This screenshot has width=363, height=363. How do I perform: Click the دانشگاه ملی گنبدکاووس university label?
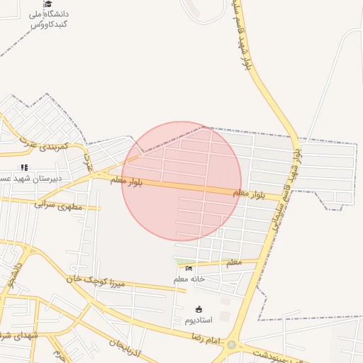(x=49, y=18)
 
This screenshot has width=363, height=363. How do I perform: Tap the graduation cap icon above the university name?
(x=48, y=4)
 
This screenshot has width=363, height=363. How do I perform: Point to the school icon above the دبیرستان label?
(x=24, y=167)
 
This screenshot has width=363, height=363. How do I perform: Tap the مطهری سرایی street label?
(x=58, y=206)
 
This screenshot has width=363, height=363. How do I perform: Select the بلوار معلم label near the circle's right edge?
(x=248, y=193)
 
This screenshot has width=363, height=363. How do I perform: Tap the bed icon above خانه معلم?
(x=189, y=268)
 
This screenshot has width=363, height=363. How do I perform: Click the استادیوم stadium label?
(x=199, y=320)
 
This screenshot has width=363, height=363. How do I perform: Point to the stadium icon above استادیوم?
(x=199, y=309)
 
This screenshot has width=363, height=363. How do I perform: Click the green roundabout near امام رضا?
(x=231, y=345)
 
